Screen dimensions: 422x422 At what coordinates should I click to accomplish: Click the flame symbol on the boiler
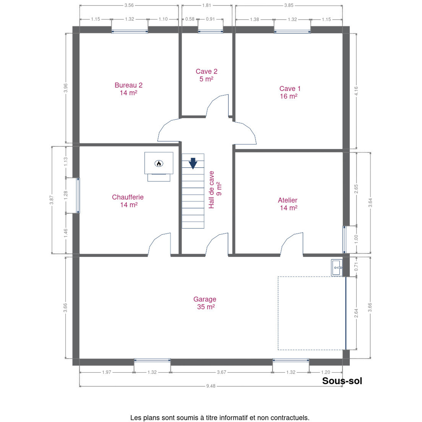pyautogui.click(x=159, y=163)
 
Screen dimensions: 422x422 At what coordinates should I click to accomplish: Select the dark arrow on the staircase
pyautogui.click(x=193, y=163)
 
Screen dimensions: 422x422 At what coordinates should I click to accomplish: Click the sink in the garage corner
pyautogui.click(x=337, y=268)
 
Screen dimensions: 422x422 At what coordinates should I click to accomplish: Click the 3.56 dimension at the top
pyautogui.click(x=129, y=5)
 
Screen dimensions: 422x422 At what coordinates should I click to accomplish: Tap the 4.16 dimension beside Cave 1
pyautogui.click(x=356, y=91)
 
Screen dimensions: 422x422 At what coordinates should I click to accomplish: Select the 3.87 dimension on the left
pyautogui.click(x=52, y=200)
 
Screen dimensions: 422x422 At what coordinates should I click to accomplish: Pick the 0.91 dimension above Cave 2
pyautogui.click(x=210, y=19)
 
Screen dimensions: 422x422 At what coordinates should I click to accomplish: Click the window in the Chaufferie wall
pyautogui.click(x=78, y=195)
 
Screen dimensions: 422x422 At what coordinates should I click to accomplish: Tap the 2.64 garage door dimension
pyautogui.click(x=356, y=313)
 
